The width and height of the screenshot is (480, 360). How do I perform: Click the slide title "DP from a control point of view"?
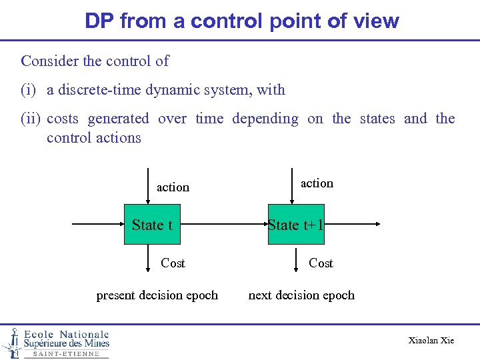click(241, 21)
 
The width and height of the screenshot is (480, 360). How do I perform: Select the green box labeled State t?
click(152, 225)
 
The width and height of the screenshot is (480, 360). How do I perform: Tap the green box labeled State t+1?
click(295, 225)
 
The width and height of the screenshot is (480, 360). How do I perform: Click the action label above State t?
click(173, 187)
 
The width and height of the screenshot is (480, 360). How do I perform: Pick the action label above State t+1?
click(317, 183)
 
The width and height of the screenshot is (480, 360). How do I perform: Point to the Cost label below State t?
click(173, 263)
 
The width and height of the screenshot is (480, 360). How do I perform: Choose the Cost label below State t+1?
click(321, 263)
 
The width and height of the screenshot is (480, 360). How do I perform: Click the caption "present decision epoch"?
click(157, 295)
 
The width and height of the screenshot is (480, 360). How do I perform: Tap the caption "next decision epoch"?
click(301, 295)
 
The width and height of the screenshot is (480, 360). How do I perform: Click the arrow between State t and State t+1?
click(220, 225)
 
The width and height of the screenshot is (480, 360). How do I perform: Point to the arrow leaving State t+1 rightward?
click(352, 225)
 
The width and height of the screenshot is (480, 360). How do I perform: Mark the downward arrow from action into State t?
click(148, 191)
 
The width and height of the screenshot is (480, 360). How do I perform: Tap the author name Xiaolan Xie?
click(431, 341)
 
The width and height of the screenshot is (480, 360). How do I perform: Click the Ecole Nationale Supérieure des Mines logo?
click(56, 343)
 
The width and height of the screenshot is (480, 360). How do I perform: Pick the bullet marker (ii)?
click(31, 119)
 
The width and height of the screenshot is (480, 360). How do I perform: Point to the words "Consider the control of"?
click(95, 61)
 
